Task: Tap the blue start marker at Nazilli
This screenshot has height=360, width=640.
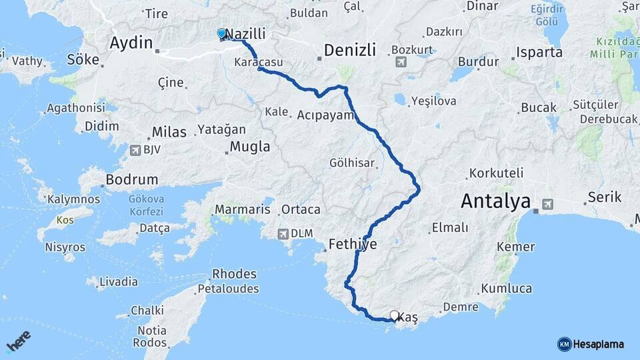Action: (x=221, y=33)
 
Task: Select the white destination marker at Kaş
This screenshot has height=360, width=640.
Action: (x=394, y=315)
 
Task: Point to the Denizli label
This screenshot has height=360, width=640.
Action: (x=350, y=49)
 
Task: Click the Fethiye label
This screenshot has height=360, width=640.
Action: (x=353, y=245)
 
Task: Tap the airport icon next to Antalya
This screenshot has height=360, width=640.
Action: (x=548, y=204)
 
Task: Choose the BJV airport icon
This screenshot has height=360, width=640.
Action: (x=136, y=149)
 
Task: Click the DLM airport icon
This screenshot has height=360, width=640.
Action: (x=284, y=233)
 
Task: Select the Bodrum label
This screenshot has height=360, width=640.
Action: (x=131, y=180)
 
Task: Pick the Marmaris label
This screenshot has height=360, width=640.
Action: (x=242, y=209)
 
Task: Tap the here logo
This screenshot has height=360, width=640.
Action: (x=19, y=341)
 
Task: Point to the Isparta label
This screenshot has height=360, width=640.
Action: (x=539, y=52)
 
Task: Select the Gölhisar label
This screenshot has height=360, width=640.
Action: (x=352, y=162)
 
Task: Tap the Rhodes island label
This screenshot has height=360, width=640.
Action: (x=234, y=274)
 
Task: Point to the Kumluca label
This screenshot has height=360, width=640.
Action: (x=505, y=288)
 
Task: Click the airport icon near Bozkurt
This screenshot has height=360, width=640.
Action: (x=401, y=62)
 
